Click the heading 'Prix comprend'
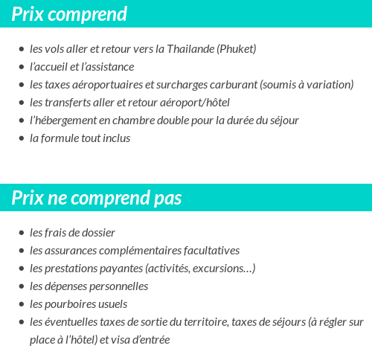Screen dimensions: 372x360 click(69, 14)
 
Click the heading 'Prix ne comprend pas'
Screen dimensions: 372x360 click(97, 198)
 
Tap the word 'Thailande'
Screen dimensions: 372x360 click(189, 49)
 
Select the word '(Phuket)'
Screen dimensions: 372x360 click(236, 49)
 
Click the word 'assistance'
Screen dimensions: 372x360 click(109, 67)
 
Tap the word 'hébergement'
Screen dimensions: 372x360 click(68, 120)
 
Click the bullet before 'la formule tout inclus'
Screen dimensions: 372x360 click(21, 138)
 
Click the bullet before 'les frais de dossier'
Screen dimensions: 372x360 click(21, 233)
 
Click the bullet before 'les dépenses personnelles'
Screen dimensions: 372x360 click(21, 286)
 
